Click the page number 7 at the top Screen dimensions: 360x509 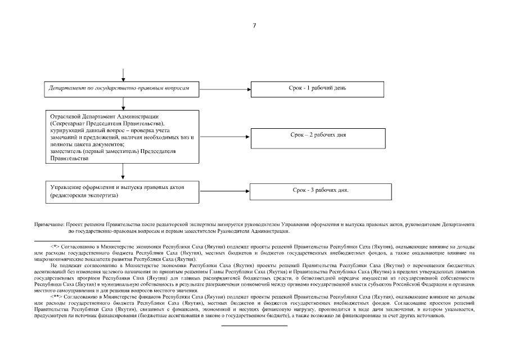pyautogui.click(x=254, y=25)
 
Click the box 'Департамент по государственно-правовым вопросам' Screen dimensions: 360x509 pyautogui.click(x=122, y=89)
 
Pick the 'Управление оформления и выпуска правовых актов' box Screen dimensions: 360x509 pyautogui.click(x=122, y=191)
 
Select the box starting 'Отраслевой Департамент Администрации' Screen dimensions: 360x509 pyautogui.click(x=122, y=137)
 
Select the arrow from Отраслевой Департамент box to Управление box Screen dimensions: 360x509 pyautogui.click(x=123, y=172)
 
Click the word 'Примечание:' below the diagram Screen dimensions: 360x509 pyautogui.click(x=49, y=224)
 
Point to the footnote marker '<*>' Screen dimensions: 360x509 pyautogui.click(x=55, y=247)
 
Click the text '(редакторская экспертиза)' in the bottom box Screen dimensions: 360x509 pyautogui.click(x=84, y=196)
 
